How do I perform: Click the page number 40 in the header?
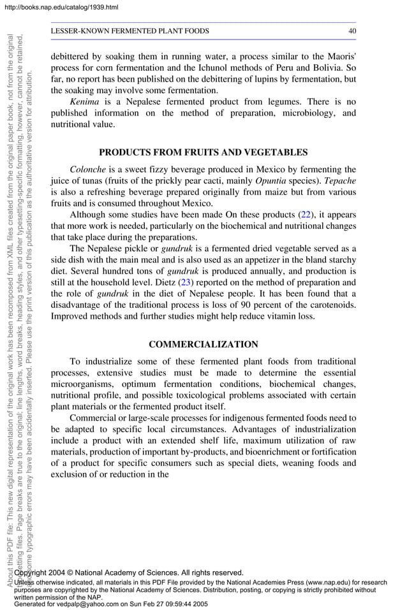click(x=352, y=31)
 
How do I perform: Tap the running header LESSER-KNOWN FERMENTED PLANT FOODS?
click(x=129, y=31)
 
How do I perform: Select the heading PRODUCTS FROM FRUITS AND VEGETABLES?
click(x=203, y=152)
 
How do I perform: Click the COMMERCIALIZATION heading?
click(x=203, y=344)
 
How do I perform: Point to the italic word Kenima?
click(x=84, y=101)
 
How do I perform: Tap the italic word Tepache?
click(x=340, y=181)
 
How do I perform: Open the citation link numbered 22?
click(x=307, y=215)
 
